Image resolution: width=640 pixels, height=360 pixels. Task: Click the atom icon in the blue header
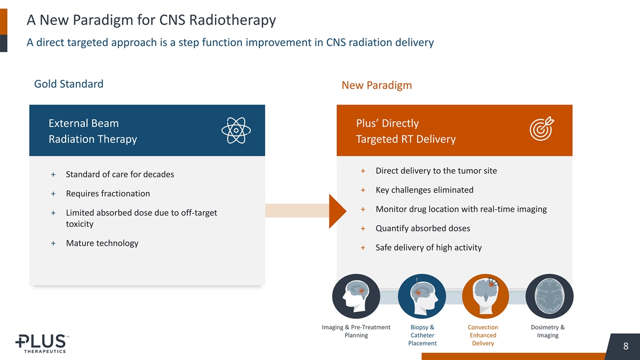[x=235, y=131]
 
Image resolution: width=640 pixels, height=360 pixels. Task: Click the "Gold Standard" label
[x=69, y=84]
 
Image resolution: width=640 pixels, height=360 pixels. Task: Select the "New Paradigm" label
[x=377, y=85]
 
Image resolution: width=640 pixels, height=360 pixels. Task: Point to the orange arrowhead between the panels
[x=338, y=211]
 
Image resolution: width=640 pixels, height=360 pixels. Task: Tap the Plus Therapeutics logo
[x=41, y=343]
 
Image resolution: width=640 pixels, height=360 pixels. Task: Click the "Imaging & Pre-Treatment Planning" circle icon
[x=356, y=297]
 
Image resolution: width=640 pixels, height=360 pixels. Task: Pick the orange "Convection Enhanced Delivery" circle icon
[x=483, y=297]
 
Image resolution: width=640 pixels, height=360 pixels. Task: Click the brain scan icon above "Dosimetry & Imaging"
[x=549, y=297]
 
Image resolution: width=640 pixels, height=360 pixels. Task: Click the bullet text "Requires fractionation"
[x=108, y=194]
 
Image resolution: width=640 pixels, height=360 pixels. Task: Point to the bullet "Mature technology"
[x=102, y=243]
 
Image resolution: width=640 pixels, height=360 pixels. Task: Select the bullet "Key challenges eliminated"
[x=424, y=190]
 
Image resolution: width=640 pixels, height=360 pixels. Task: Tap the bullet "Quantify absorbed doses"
[x=422, y=228]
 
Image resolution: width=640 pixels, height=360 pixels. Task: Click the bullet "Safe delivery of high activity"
[x=428, y=247]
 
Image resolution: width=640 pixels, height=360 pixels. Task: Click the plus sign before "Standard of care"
[x=53, y=175]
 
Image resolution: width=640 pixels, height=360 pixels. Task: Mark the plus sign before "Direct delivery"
[x=363, y=171]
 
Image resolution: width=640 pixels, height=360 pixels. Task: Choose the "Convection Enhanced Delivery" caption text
[x=483, y=335]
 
